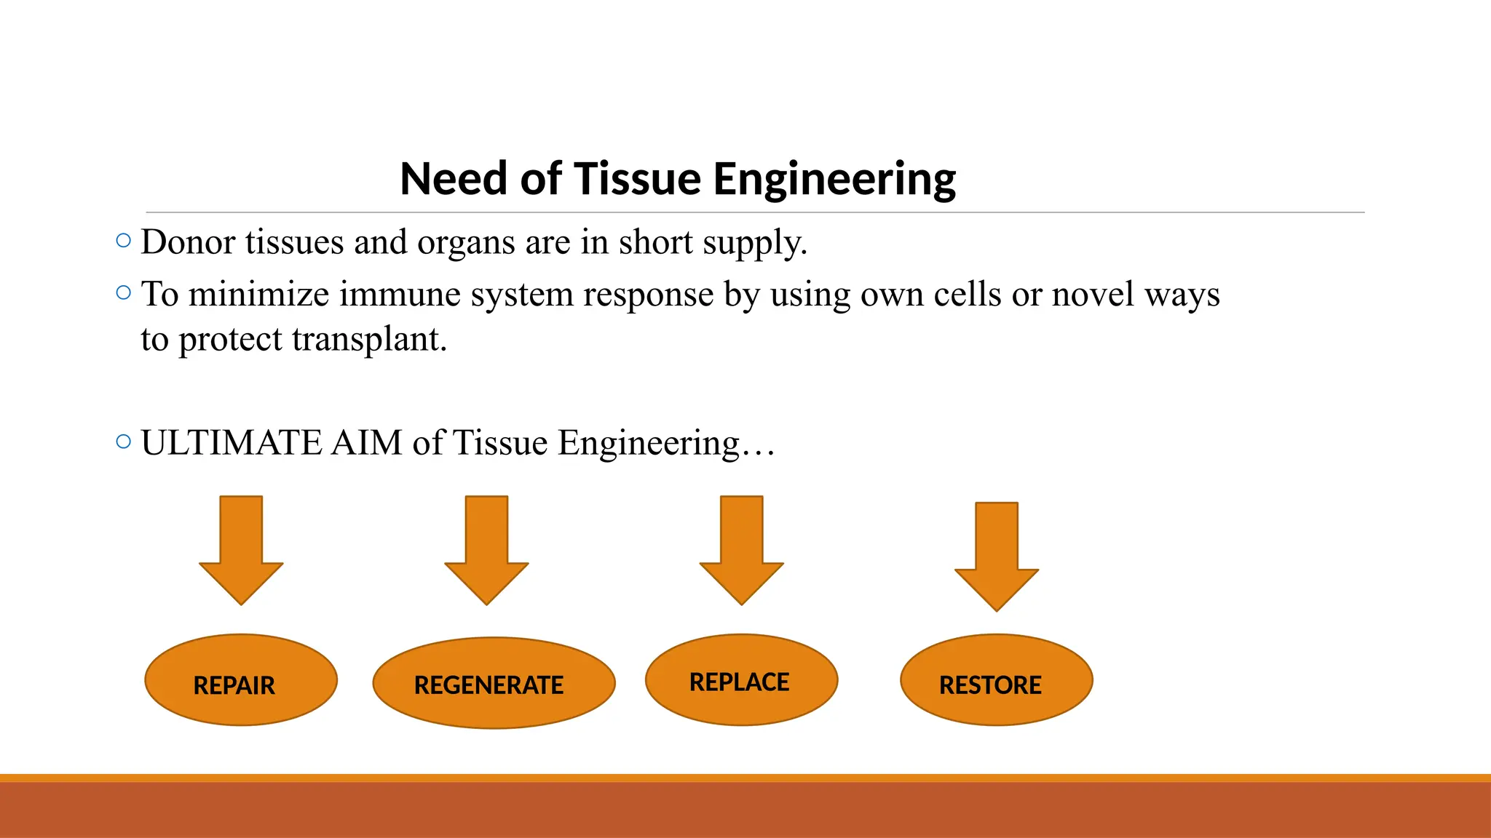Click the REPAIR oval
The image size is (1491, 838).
pos(241,680)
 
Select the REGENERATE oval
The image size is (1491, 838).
pos(494,683)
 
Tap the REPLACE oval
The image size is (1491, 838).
pos(741,680)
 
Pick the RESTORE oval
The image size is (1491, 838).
pos(996,680)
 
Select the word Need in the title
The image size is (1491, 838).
pos(454,179)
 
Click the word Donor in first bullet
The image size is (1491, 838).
pos(188,242)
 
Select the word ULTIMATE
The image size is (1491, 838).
pos(231,443)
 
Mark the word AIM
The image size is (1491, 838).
pos(366,443)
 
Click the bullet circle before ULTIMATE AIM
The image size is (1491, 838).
pos(124,442)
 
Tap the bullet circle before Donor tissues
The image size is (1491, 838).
pos(124,240)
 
